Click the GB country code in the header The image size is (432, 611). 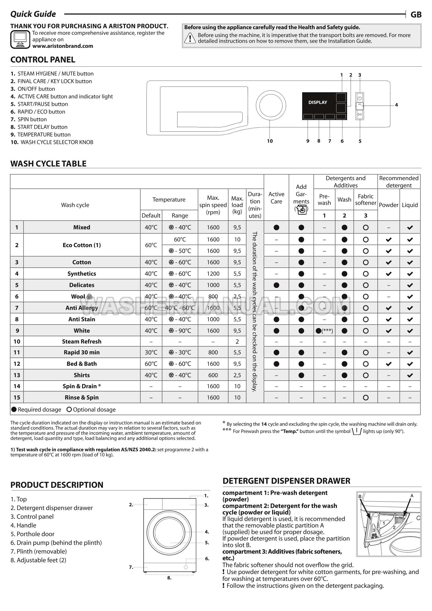[x=416, y=14]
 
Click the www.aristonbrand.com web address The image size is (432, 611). [x=63, y=46]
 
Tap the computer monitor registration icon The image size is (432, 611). [x=20, y=40]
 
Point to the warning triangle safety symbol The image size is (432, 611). [x=190, y=38]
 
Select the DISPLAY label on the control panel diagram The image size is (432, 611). [x=318, y=102]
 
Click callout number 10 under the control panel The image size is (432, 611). [x=270, y=141]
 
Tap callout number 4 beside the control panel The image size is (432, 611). [x=396, y=105]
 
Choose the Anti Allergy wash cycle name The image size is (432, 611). [x=82, y=308]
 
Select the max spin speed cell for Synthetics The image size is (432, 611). [x=213, y=274]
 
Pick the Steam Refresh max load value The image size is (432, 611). [x=237, y=342]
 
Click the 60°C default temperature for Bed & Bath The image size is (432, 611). [x=151, y=364]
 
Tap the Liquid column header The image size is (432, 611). [x=410, y=205]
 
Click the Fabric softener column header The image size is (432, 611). [x=366, y=199]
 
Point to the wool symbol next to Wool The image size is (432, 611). [x=89, y=297]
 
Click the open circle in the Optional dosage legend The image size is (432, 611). [x=69, y=409]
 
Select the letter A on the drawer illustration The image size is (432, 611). [x=412, y=496]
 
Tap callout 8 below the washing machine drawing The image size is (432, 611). [x=169, y=578]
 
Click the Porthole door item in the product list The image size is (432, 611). [x=32, y=534]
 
